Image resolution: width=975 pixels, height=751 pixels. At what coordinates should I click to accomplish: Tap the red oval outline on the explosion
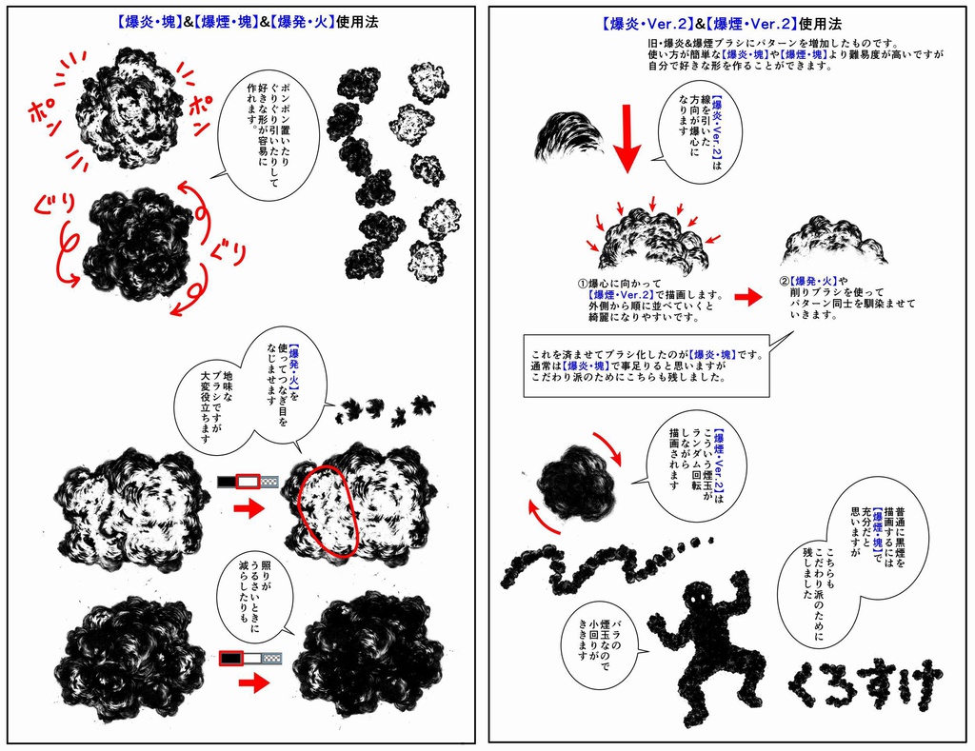[x=327, y=510]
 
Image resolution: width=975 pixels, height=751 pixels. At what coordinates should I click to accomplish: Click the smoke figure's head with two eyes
[x=699, y=598]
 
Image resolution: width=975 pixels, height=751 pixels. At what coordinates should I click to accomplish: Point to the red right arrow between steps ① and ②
[x=748, y=297]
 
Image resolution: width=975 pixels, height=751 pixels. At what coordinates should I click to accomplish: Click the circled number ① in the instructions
[x=584, y=283]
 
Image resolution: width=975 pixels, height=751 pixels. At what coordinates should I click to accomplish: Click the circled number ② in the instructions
[x=784, y=282]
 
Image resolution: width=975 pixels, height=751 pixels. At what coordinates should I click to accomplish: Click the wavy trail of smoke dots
[x=590, y=567]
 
